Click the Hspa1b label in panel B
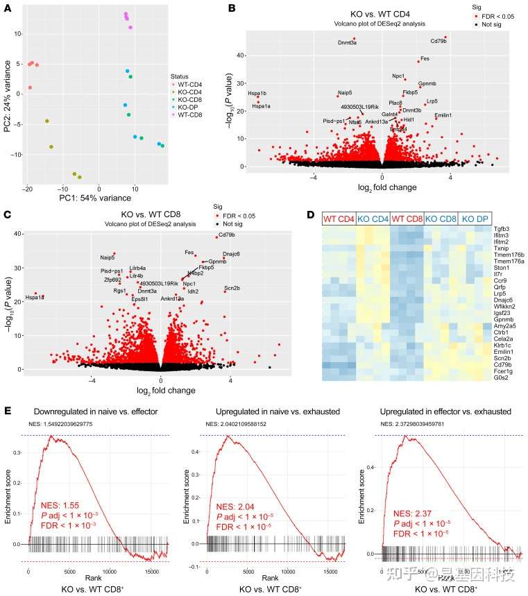coord(257,93)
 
